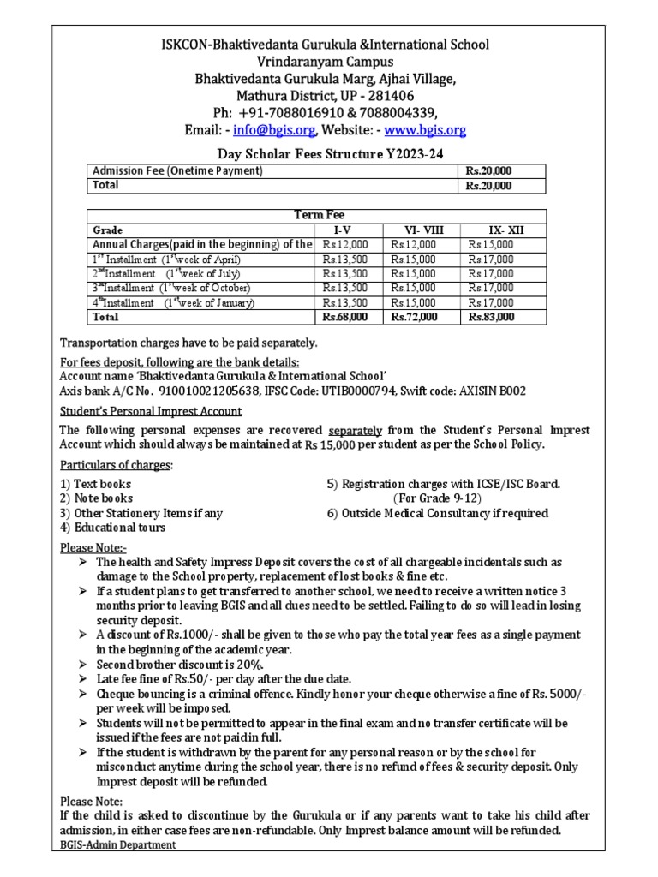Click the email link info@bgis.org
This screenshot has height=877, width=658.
click(x=278, y=130)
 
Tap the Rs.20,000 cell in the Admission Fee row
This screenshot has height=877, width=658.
click(x=488, y=171)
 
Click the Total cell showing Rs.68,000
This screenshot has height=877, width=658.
click(x=344, y=317)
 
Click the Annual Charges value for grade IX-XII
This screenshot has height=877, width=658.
click(x=491, y=245)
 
